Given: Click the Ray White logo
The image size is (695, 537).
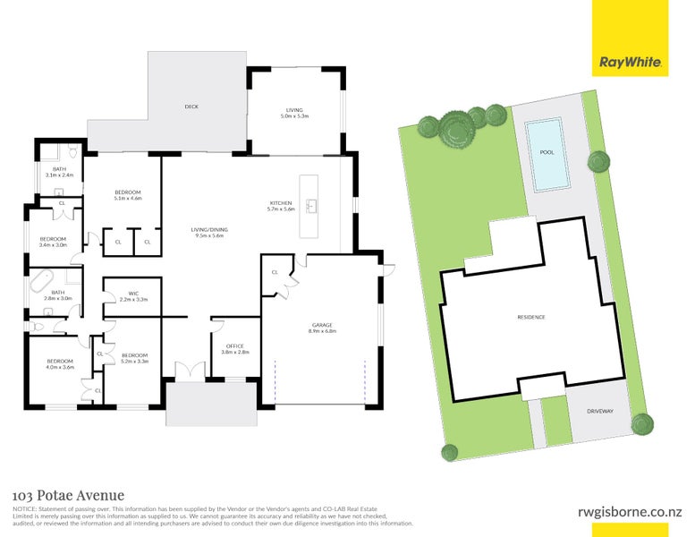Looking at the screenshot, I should click(630, 63).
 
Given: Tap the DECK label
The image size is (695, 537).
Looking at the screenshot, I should click(191, 107).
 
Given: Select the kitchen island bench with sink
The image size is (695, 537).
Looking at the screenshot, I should click(309, 207).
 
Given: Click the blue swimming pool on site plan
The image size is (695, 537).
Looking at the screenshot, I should click(547, 156).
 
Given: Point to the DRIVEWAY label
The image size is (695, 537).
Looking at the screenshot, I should click(600, 411).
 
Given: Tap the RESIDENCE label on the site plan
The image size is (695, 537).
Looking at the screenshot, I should click(530, 318).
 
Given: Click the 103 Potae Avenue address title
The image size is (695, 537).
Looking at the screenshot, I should click(68, 495).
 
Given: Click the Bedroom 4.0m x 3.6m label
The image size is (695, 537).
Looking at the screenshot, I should click(61, 363).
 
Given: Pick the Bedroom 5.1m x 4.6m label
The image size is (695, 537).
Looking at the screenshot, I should click(128, 196).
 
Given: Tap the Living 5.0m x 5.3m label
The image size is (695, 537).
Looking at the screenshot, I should click(295, 113).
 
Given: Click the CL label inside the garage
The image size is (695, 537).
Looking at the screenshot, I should click(275, 272).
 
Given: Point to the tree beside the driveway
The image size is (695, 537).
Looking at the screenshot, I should click(640, 422).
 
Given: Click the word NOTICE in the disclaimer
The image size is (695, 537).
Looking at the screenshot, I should click(24, 509).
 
